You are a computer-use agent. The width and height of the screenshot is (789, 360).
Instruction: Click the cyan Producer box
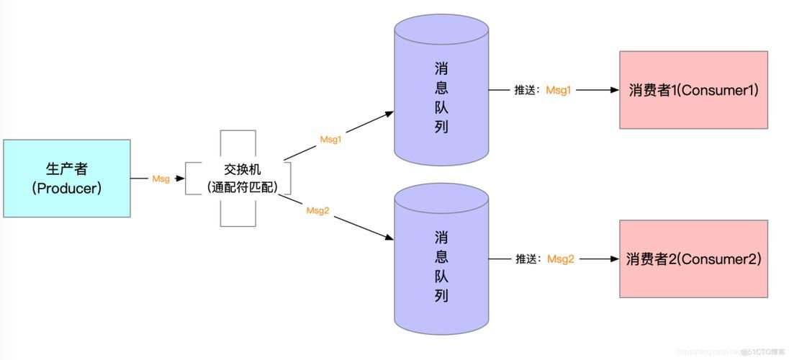[x=66, y=178]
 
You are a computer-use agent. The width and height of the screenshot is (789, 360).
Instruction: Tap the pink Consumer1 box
[x=693, y=90]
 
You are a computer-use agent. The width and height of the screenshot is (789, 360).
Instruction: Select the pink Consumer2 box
[x=693, y=259]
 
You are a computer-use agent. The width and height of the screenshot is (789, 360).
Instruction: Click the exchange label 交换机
[x=238, y=170]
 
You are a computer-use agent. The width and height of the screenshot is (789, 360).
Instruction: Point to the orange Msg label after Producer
[x=161, y=179]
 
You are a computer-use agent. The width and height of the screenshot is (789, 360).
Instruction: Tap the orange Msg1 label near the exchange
[x=330, y=139]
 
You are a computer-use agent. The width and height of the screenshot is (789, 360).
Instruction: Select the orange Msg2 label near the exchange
[x=317, y=210]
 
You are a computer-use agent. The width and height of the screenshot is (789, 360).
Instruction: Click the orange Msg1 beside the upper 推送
[x=559, y=90]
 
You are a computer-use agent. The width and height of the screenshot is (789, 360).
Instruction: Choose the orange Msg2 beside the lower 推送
[x=561, y=259]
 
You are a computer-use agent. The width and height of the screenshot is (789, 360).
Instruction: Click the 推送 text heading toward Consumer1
[x=526, y=91]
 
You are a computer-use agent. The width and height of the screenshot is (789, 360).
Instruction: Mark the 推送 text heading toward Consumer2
[x=528, y=259]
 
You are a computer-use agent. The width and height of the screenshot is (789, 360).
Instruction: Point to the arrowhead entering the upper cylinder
[x=389, y=113]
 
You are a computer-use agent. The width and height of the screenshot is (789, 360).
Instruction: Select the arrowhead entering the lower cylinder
[x=389, y=238]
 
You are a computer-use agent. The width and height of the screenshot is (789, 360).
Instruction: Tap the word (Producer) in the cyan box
[x=66, y=188]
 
